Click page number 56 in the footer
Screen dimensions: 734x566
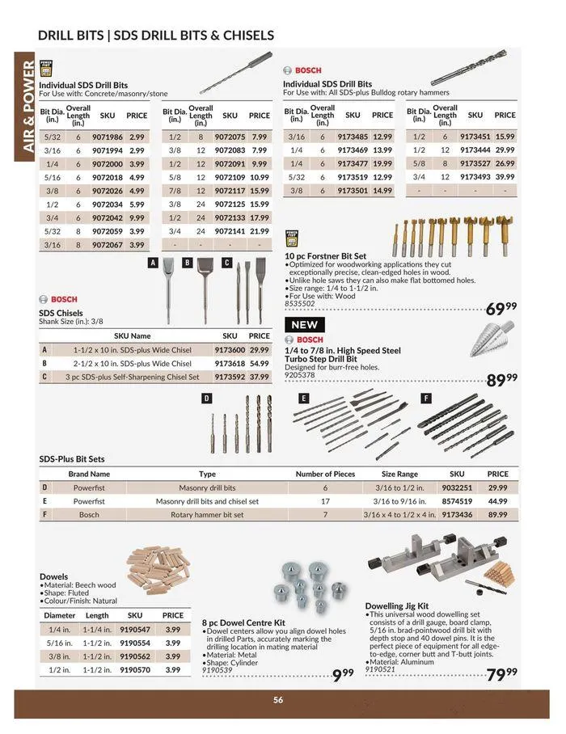[x=277, y=700]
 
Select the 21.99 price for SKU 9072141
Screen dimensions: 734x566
[x=259, y=231]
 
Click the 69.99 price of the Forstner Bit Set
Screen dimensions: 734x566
[x=501, y=308]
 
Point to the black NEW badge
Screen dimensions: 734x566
[x=304, y=325]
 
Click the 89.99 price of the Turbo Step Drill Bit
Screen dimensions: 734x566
[x=501, y=379]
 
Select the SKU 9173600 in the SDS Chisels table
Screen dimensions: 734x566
[x=230, y=350]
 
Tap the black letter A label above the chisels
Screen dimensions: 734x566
[x=152, y=263]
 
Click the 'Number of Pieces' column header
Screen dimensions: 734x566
[x=325, y=475]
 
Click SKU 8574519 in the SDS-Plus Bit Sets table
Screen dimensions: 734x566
[x=457, y=501]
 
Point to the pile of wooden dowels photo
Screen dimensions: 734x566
[x=157, y=569]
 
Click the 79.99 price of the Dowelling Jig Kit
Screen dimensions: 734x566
[x=501, y=673]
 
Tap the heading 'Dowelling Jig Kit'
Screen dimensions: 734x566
[x=396, y=605]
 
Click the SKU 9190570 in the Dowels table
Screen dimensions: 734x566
[x=135, y=669]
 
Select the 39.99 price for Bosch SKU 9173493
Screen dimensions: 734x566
[x=505, y=177]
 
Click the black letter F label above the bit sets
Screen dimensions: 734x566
[x=425, y=398]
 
